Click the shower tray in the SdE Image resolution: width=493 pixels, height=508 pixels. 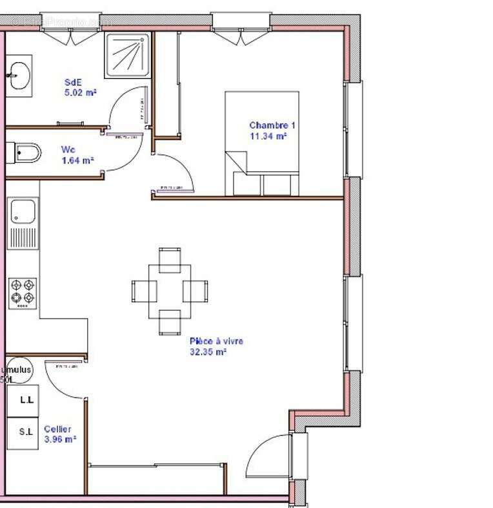(127, 54)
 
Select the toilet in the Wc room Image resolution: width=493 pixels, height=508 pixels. (25, 153)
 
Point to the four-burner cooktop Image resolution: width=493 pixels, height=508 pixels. (23, 293)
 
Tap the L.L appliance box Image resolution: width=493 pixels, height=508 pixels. (26, 400)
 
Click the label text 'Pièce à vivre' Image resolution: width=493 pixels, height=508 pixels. (216, 341)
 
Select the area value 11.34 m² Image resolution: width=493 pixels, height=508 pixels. (268, 136)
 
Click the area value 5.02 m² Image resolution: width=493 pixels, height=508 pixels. (80, 92)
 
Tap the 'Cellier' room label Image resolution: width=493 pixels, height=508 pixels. (57, 429)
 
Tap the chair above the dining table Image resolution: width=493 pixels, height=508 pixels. (170, 259)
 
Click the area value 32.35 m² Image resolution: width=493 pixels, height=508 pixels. (207, 352)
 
